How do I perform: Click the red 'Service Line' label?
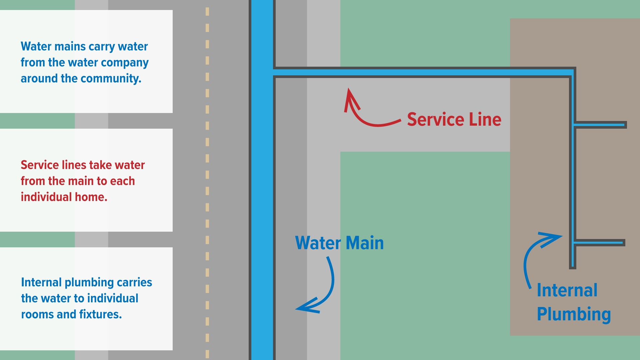pos(454,119)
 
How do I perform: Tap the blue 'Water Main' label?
pos(339,243)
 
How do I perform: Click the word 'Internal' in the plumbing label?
pos(567,290)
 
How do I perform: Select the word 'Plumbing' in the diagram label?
pos(574,314)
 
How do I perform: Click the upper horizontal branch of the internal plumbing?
pos(600,125)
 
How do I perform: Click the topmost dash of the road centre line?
pos(207,11)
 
